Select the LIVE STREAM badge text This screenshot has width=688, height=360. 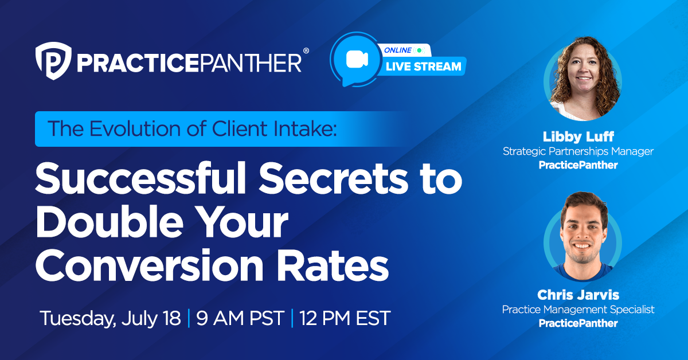[x=424, y=66]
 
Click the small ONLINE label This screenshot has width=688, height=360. [x=398, y=50]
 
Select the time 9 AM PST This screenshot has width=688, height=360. [x=240, y=318]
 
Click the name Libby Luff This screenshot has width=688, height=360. [x=578, y=137]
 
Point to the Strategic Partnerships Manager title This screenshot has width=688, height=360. [x=578, y=151]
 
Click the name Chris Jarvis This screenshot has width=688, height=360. [x=578, y=295]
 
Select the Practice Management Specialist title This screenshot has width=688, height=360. [x=578, y=310]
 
